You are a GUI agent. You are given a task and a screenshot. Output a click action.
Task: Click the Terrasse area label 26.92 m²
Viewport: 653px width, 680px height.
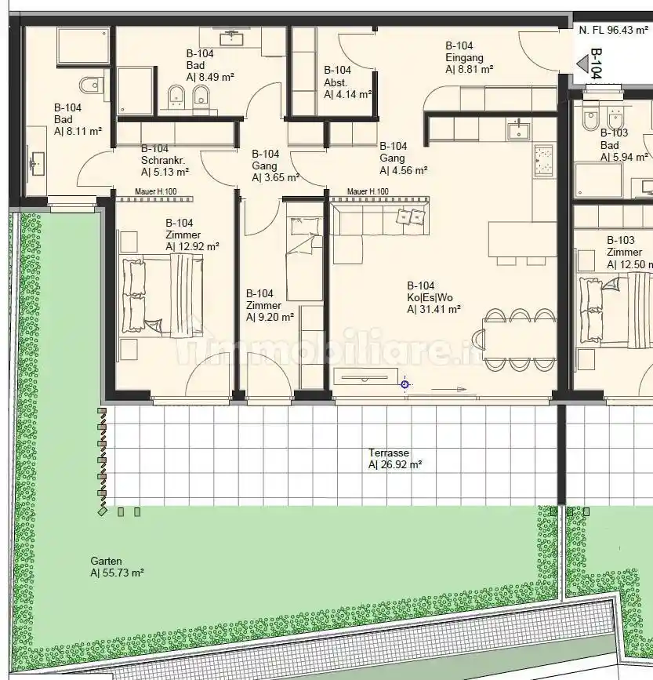pos(395,464)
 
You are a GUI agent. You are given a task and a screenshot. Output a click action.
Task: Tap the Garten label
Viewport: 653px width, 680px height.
pos(106,561)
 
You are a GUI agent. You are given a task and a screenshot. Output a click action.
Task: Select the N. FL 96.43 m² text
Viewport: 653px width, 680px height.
pos(614,30)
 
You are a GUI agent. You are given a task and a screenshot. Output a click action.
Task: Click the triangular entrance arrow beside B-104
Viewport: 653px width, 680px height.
pos(582,64)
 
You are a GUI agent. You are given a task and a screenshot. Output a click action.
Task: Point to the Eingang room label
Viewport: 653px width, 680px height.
pos(464,57)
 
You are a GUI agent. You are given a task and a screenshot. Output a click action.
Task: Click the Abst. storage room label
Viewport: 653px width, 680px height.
pos(336,82)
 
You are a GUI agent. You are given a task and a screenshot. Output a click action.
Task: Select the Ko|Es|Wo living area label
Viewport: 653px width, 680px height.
pos(430,297)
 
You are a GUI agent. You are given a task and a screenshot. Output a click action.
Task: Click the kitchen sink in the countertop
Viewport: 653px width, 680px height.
pos(519,131)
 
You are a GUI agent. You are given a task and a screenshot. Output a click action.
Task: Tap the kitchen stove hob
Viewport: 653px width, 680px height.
pos(543,161)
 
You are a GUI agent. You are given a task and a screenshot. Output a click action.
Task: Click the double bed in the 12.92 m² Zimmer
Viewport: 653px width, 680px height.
pos(162,296)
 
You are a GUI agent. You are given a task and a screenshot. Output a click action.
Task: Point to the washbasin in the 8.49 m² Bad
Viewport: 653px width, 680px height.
pos(233,38)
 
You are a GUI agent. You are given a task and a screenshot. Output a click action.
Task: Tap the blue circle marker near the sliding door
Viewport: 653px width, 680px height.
pos(404,384)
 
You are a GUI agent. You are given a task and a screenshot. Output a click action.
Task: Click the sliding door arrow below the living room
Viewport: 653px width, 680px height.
pos(448,390)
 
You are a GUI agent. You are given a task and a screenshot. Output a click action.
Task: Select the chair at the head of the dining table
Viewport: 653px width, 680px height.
pos(479,339)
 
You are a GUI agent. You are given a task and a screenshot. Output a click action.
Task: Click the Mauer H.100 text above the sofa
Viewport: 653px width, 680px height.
pos(368,191)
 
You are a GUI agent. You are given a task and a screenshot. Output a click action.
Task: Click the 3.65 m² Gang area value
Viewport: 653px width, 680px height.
pos(276,177)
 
